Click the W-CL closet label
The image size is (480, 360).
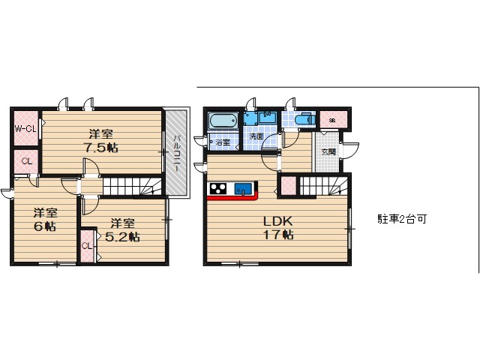25,129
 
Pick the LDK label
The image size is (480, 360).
276,221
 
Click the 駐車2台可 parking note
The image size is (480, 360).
402,219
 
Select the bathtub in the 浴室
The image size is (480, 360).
223,121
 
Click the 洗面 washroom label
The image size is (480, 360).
256,136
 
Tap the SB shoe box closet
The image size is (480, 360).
331,119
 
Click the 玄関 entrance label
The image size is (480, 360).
328,151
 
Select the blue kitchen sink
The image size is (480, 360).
242,189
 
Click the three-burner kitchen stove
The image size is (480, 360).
217,188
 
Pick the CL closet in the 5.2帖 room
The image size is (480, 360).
86,246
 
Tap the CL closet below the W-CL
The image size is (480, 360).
25,161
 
